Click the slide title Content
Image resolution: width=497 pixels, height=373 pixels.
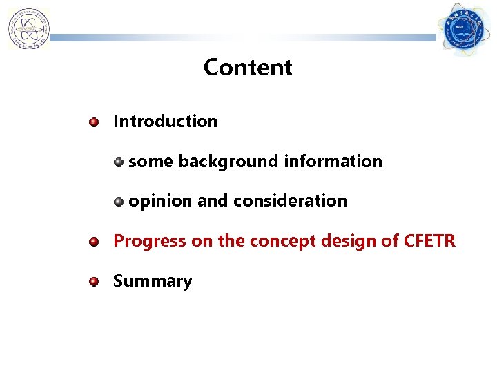[248, 68]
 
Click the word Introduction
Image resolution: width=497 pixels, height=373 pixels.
[165, 122]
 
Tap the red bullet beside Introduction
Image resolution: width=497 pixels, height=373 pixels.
[93, 122]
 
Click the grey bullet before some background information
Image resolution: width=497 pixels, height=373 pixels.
[119, 162]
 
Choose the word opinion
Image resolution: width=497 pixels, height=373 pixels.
[161, 202]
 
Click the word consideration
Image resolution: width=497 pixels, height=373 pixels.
[290, 202]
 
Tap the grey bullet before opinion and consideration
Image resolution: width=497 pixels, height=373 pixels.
[119, 202]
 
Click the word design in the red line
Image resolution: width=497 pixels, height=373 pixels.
[335, 242]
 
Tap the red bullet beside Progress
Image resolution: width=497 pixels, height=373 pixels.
[93, 242]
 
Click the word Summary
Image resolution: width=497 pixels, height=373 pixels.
[153, 282]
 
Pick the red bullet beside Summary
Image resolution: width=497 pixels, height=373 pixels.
[93, 282]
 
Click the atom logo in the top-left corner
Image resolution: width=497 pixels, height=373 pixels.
[28, 29]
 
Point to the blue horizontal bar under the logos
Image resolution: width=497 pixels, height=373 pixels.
[242, 39]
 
